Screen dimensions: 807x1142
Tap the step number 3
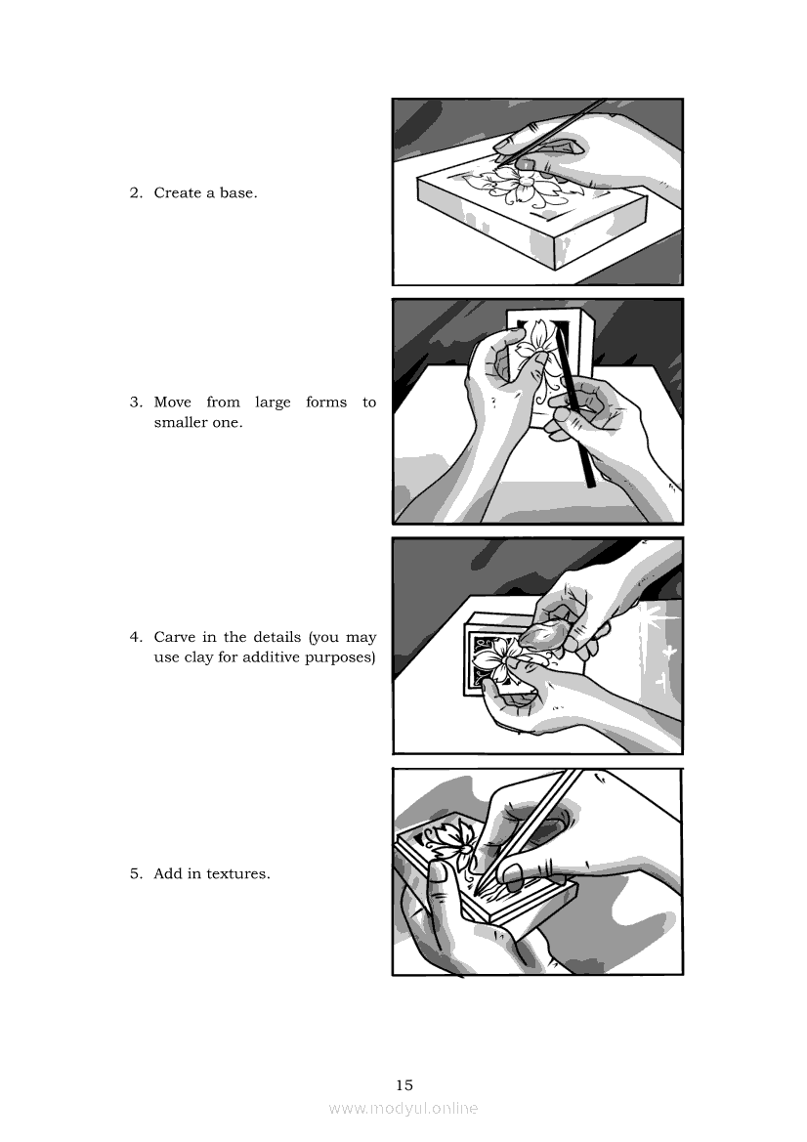pos(136,402)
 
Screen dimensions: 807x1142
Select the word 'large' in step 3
pos(274,402)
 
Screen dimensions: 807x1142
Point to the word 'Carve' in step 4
pos(174,637)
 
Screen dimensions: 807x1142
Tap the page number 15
pos(404,1085)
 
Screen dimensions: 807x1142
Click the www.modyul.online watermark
pos(403,1109)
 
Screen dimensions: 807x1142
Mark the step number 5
pos(136,874)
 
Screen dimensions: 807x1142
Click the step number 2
pos(136,193)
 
